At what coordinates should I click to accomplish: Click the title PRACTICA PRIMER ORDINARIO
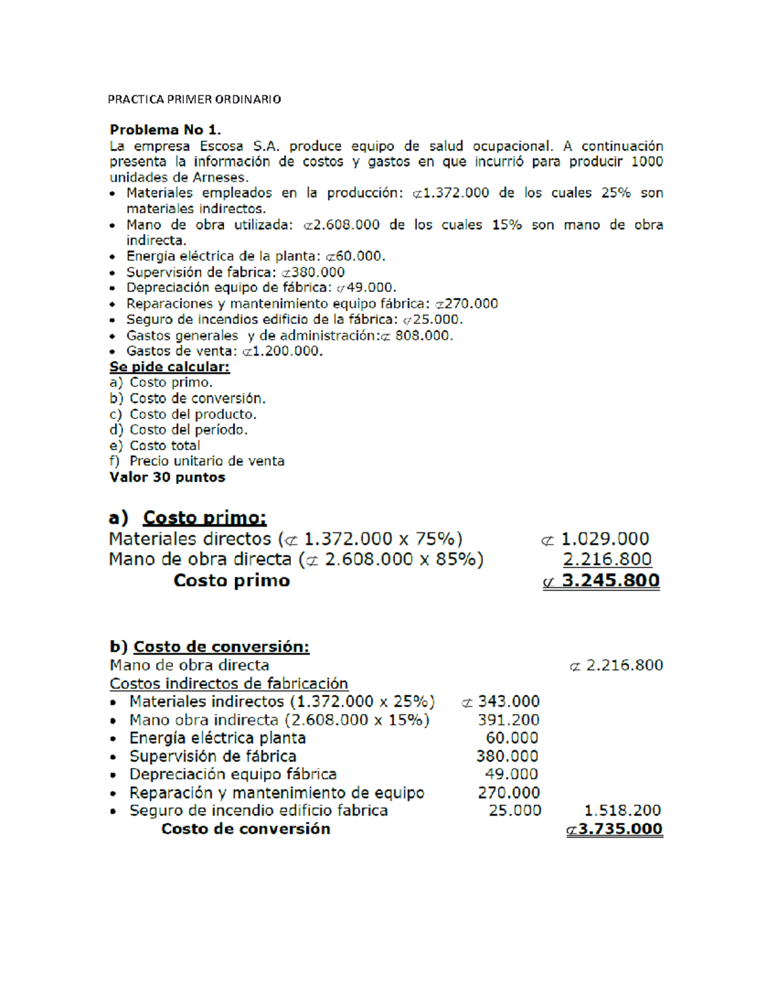pyautogui.click(x=194, y=99)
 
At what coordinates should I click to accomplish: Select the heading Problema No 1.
pyautogui.click(x=165, y=130)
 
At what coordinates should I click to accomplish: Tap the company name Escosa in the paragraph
pyautogui.click(x=221, y=146)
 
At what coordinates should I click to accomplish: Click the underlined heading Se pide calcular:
pyautogui.click(x=170, y=367)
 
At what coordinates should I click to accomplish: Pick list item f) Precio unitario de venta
pyautogui.click(x=197, y=461)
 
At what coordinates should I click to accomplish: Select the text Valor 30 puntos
pyautogui.click(x=167, y=477)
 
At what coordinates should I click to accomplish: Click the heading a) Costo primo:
pyautogui.click(x=188, y=518)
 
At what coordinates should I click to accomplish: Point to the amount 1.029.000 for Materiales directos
pyautogui.click(x=604, y=539)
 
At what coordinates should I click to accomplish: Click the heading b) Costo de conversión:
pyautogui.click(x=210, y=646)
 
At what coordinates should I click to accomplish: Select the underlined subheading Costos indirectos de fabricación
pyautogui.click(x=229, y=683)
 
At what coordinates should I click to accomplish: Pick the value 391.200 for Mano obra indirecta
pyautogui.click(x=508, y=720)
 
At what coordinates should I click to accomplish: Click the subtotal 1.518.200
pyautogui.click(x=622, y=810)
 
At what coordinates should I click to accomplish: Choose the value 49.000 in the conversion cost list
pyautogui.click(x=512, y=774)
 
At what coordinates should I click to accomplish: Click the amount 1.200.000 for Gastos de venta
pyautogui.click(x=288, y=351)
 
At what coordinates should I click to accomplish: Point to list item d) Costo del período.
pyautogui.click(x=179, y=430)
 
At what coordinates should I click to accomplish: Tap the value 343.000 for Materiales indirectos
pyautogui.click(x=508, y=702)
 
